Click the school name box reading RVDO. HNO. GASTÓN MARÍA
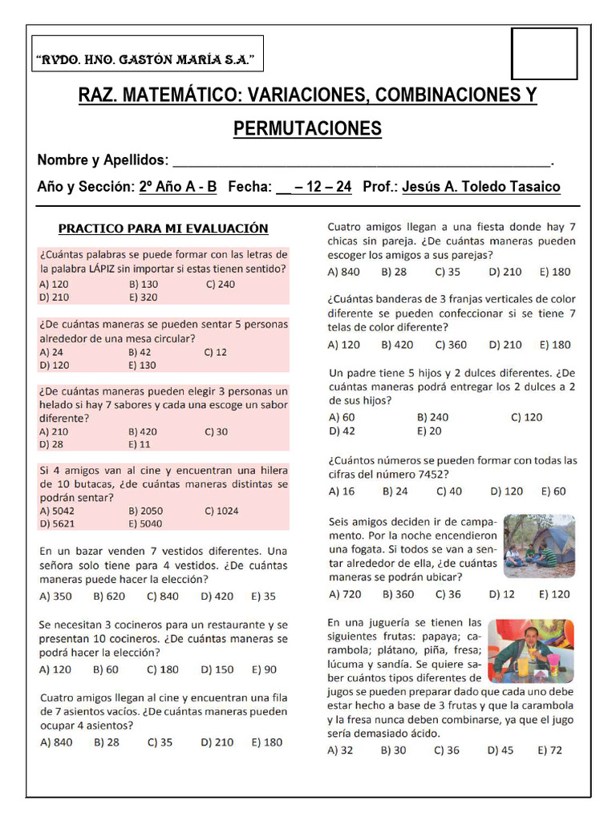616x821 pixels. [x=147, y=59]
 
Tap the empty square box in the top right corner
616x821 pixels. [x=544, y=54]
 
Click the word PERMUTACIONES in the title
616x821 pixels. [x=307, y=129]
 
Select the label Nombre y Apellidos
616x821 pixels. [x=103, y=160]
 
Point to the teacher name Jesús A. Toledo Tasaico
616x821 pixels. [x=480, y=187]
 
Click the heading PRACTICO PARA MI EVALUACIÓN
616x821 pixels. [x=164, y=229]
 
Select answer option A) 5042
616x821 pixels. [x=58, y=511]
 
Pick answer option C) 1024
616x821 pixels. [x=221, y=511]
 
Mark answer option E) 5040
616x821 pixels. [x=145, y=524]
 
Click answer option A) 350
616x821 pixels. [x=55, y=596]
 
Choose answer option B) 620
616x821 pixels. [x=109, y=596]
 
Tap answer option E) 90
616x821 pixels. [x=264, y=669]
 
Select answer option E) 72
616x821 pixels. [x=550, y=750]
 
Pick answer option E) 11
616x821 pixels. [x=140, y=444]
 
